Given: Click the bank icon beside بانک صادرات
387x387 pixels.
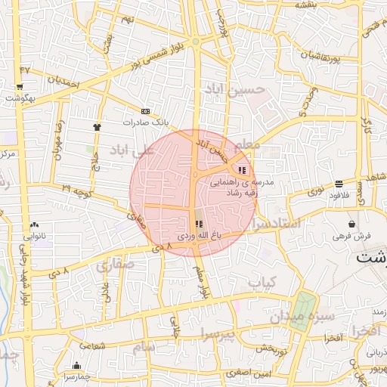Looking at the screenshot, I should (146, 111).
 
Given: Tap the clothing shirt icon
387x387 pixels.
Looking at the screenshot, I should (97, 127).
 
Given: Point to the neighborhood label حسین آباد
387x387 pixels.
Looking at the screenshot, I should (234, 90).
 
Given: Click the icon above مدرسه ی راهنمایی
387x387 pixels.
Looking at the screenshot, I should (242, 170).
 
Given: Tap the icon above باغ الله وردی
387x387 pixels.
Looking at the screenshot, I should (199, 224).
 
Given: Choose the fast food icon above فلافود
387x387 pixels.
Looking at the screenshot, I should (339, 184).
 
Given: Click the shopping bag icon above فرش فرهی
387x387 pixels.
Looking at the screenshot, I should (352, 224).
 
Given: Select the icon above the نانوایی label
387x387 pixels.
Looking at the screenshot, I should (34, 225).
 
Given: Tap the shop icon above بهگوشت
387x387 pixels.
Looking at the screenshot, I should (19, 88).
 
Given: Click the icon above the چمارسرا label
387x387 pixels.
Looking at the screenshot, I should (76, 365).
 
